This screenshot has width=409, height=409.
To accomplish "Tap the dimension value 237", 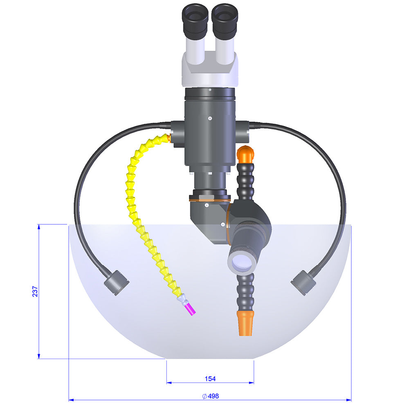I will (36, 291).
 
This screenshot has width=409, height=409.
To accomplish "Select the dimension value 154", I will (210, 379).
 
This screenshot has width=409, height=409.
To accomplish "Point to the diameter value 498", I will (213, 396).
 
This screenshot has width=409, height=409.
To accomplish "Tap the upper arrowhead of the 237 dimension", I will (39, 227).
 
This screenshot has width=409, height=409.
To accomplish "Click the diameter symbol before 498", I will (204, 396).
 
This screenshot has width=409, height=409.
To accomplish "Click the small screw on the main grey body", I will (210, 118).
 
